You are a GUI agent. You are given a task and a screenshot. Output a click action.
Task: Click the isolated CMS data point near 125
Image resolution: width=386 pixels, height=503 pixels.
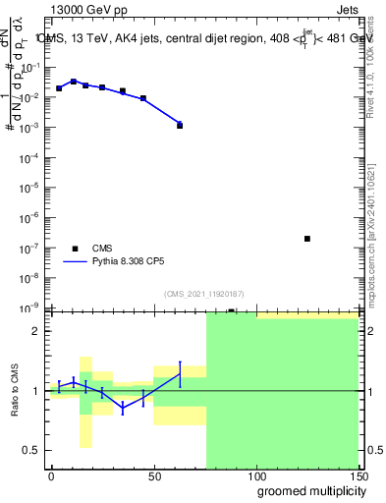(307, 239)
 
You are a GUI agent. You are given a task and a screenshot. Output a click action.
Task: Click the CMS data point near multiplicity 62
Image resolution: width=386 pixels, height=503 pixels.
(180, 125)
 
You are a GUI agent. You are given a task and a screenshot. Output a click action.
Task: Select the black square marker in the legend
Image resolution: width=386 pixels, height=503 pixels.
(75, 249)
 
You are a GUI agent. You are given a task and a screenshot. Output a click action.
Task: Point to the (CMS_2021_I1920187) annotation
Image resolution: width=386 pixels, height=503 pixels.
(203, 294)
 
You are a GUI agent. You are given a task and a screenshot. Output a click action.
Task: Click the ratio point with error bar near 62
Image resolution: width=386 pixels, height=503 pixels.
(180, 373)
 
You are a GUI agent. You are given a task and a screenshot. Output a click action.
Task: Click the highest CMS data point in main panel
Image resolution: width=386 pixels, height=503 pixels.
(73, 82)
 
